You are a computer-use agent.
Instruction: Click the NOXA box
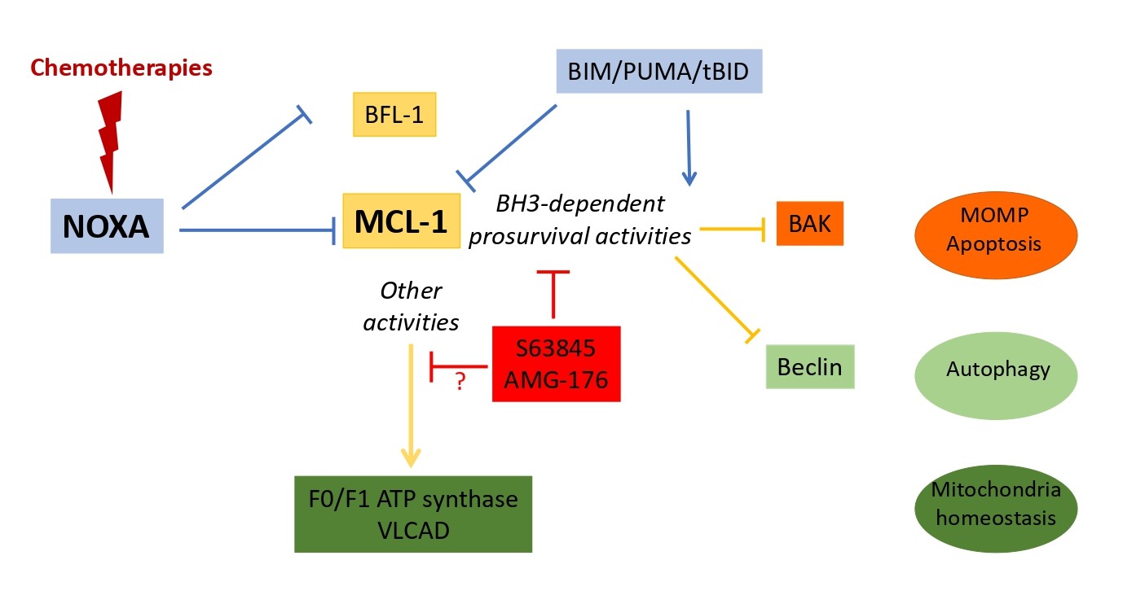107,225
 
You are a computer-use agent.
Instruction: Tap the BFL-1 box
395,115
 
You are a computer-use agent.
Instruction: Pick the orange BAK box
809,223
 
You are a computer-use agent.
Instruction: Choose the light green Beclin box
809,366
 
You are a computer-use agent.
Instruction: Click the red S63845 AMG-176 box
557,364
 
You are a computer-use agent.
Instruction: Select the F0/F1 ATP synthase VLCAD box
413,514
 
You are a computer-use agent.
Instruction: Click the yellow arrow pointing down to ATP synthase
412,407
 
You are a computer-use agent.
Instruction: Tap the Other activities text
411,306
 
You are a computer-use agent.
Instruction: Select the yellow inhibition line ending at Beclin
716,295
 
